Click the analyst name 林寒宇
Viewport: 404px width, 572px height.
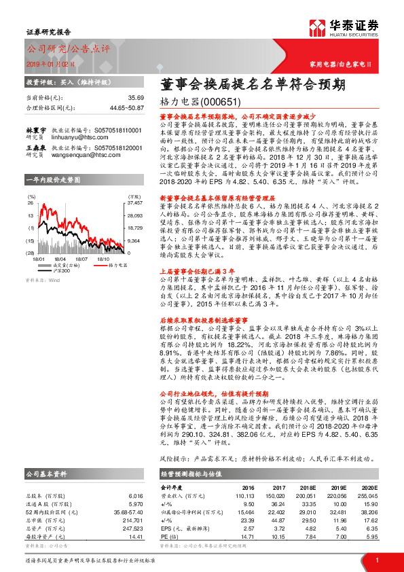[35, 129]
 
